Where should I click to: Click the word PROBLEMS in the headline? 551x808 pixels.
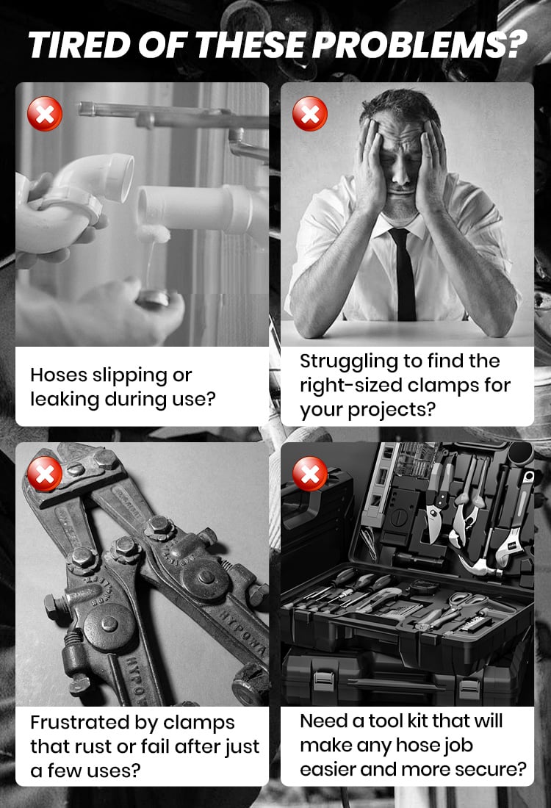pyautogui.click(x=419, y=45)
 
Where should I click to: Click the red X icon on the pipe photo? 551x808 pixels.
pyautogui.click(x=45, y=113)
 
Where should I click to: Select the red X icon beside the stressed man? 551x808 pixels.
pyautogui.click(x=310, y=113)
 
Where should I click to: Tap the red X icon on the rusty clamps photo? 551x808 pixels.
pyautogui.click(x=45, y=473)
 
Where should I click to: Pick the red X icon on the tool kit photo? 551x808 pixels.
pyautogui.click(x=310, y=473)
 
